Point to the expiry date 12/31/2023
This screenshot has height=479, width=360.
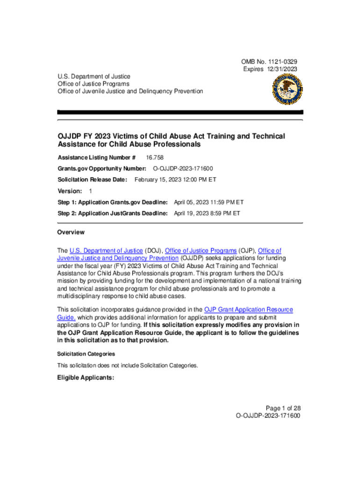coord(282,69)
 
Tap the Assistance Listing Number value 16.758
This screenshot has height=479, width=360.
coord(155,158)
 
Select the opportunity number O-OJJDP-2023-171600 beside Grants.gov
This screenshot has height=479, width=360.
coord(184,168)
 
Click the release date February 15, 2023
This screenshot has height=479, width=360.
coord(175,180)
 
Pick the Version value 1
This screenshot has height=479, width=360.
coord(91,191)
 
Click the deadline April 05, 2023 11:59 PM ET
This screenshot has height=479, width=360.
coord(209,202)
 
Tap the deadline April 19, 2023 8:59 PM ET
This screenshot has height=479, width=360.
coord(207,213)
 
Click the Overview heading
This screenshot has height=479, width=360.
coord(71,232)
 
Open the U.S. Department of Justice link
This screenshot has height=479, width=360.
coord(106,251)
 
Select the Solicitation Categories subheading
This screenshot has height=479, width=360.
coord(86,354)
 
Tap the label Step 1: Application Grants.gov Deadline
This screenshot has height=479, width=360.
coord(112,202)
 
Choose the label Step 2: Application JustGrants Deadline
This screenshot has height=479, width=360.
coord(112,213)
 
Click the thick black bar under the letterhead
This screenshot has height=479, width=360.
coord(180,112)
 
